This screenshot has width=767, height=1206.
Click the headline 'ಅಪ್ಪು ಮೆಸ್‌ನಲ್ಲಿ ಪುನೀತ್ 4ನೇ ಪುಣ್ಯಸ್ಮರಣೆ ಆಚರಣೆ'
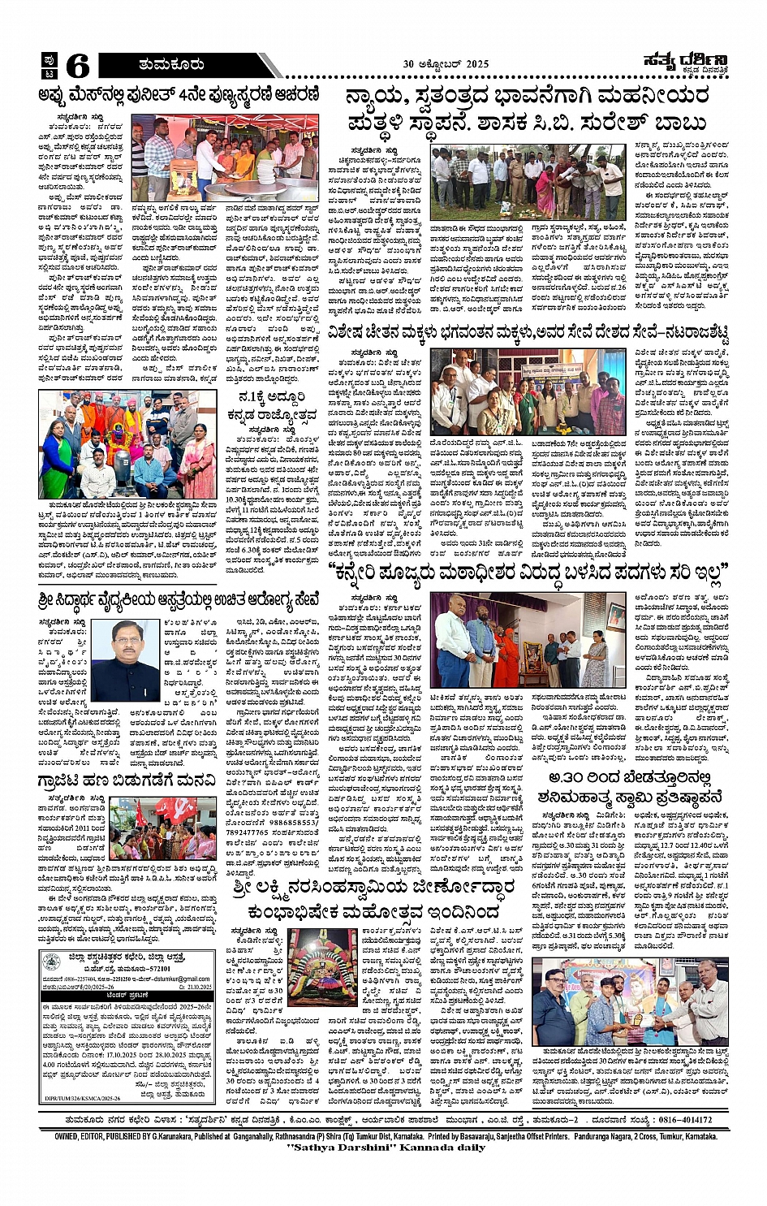[x=179, y=94]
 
